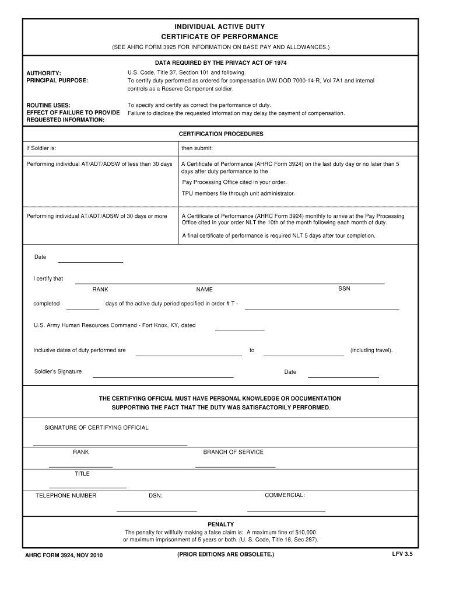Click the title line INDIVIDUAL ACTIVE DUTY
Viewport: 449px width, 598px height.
point(220,27)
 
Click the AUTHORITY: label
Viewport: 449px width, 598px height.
point(44,73)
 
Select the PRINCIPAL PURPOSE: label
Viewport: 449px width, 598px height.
point(57,81)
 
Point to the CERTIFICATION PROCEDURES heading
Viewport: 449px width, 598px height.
point(220,134)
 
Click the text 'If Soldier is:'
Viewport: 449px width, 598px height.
point(41,148)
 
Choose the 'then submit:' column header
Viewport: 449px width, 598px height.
point(197,148)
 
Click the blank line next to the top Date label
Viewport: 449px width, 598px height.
point(90,260)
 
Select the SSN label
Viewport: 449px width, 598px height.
point(344,288)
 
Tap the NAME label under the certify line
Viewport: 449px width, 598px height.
point(205,290)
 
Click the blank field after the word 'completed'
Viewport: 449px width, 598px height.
point(83,307)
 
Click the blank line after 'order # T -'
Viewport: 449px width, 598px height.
point(321,307)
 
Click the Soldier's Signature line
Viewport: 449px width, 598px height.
point(163,376)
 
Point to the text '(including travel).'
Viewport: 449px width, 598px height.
point(371,350)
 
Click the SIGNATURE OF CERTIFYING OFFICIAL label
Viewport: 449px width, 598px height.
point(96,427)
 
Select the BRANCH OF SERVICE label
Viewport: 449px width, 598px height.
point(233,452)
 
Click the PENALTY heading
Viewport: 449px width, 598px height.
point(220,524)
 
